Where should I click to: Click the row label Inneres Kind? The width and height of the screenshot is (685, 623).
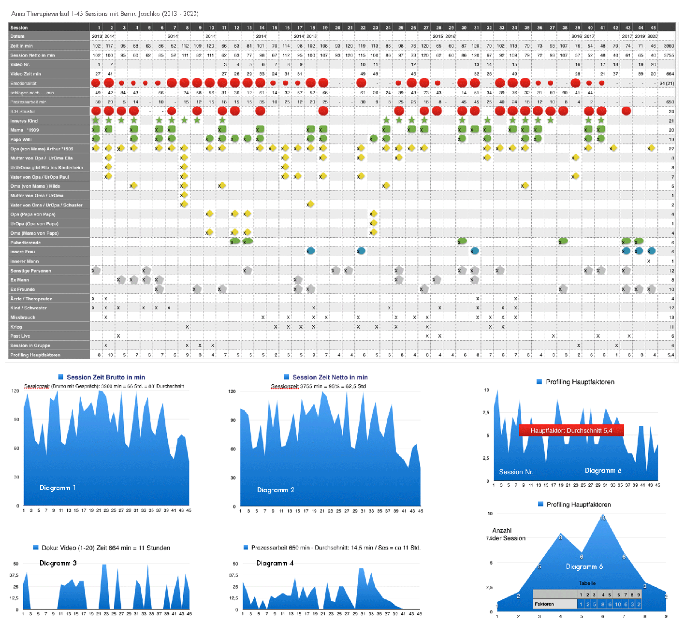(24, 121)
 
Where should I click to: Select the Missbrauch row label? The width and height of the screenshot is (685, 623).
(23, 318)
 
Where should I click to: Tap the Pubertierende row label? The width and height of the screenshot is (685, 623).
(26, 243)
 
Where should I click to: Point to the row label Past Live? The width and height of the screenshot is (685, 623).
(20, 336)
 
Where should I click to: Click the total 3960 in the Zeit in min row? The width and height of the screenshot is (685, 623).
(669, 46)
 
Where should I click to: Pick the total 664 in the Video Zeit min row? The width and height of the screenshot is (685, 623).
(670, 74)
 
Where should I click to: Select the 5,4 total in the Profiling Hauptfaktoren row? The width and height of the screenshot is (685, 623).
(670, 355)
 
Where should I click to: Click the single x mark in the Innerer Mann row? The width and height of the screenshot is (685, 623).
(649, 261)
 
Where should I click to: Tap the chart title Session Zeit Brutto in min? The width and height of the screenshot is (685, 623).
(105, 377)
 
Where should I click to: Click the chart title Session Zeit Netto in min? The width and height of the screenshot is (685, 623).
(330, 377)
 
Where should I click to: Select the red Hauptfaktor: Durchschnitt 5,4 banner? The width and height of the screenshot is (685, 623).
(571, 430)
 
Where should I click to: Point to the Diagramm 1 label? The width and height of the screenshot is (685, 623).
(58, 488)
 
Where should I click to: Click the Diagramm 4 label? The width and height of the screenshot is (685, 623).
(275, 563)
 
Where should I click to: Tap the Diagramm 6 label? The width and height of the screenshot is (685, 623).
(584, 566)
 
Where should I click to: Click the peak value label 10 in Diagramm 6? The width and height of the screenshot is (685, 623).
(602, 518)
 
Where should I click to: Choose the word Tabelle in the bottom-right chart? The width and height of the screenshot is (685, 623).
(587, 583)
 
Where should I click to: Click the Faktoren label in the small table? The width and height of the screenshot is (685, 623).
(544, 604)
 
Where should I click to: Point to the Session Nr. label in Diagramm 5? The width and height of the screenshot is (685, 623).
(516, 472)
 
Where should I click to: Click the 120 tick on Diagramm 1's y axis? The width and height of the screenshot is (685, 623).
(15, 391)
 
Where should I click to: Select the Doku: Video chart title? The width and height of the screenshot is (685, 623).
(105, 548)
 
